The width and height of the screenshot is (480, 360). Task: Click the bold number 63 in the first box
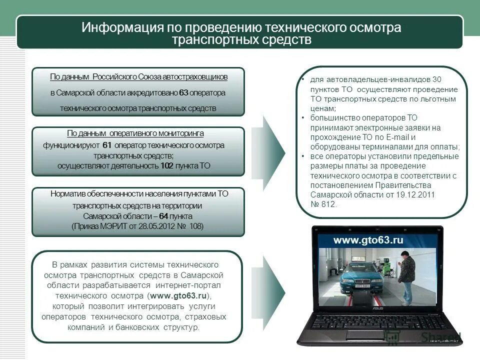coord(183,93)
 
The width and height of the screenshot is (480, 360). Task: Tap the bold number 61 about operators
coord(106,145)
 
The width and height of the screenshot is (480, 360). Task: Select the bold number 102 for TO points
coord(166,166)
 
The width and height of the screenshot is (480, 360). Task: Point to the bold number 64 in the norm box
coord(163,216)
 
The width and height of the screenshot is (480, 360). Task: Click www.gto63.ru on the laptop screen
coord(368,240)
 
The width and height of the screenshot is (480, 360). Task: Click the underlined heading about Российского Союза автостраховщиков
coord(138,77)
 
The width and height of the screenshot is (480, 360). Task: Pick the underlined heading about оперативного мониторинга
coord(135,133)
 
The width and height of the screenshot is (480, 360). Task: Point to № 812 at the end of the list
coord(324,204)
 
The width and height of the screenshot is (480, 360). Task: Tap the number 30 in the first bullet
coord(436,79)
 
